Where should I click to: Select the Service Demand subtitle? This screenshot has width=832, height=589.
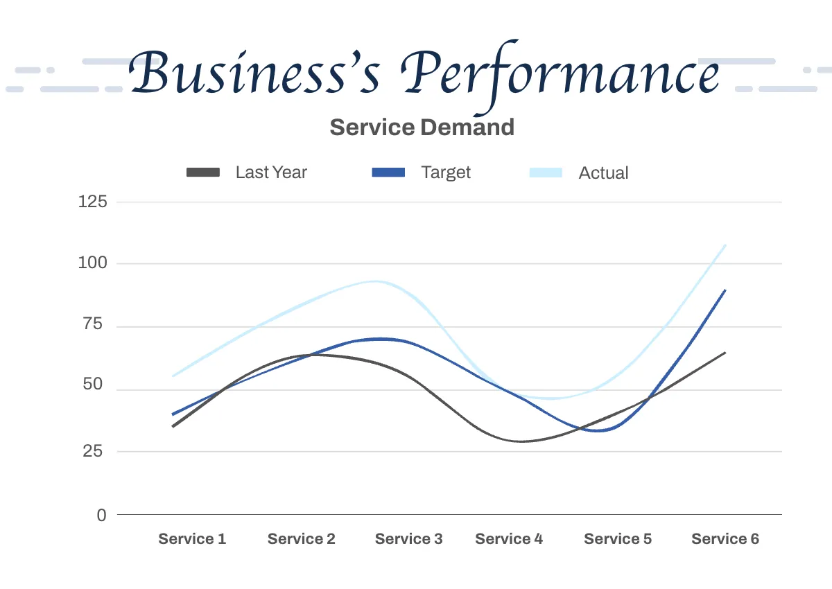click(x=422, y=128)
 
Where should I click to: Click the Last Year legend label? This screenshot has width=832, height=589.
click(x=271, y=173)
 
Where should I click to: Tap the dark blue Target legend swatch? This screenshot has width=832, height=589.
click(x=388, y=173)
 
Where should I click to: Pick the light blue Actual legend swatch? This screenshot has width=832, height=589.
click(x=546, y=173)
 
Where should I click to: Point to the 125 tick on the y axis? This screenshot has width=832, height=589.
click(x=93, y=202)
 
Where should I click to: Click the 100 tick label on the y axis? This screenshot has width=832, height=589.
click(x=93, y=263)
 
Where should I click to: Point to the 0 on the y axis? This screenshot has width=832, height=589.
click(x=102, y=515)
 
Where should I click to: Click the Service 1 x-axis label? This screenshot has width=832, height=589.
click(x=192, y=539)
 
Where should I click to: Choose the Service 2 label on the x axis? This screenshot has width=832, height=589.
click(x=301, y=539)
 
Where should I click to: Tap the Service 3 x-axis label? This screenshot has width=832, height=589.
click(x=408, y=539)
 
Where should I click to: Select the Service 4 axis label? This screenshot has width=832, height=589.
click(x=509, y=539)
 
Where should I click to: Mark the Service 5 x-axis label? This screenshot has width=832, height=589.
click(x=618, y=539)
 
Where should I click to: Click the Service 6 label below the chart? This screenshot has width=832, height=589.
click(x=725, y=539)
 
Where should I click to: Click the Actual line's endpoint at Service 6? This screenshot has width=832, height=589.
click(x=725, y=245)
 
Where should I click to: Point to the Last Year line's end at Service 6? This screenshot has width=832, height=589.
click(x=725, y=353)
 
